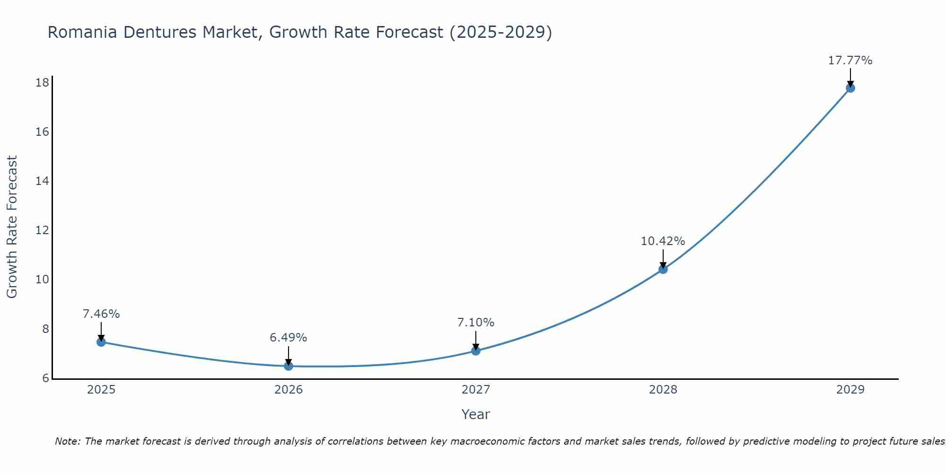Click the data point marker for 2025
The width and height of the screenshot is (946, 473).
click(101, 342)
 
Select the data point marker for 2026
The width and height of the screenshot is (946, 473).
click(289, 366)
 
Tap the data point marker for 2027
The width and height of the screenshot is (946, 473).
click(476, 350)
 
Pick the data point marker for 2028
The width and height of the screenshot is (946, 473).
click(663, 269)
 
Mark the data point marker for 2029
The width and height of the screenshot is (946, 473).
click(850, 88)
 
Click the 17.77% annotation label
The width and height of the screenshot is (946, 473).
click(850, 61)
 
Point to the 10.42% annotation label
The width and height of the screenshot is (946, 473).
click(663, 241)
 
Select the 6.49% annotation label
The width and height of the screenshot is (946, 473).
click(288, 338)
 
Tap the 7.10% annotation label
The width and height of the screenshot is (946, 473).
click(475, 323)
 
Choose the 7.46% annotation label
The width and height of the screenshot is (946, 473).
click(101, 314)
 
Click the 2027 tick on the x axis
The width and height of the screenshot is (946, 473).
click(476, 390)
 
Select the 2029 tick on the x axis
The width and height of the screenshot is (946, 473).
click(850, 390)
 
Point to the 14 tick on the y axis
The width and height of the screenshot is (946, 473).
click(42, 181)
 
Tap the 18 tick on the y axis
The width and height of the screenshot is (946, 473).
click(42, 83)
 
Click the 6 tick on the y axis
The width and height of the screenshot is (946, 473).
click(45, 378)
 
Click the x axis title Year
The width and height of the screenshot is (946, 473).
click(475, 414)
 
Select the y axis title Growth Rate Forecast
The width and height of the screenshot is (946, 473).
click(12, 227)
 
